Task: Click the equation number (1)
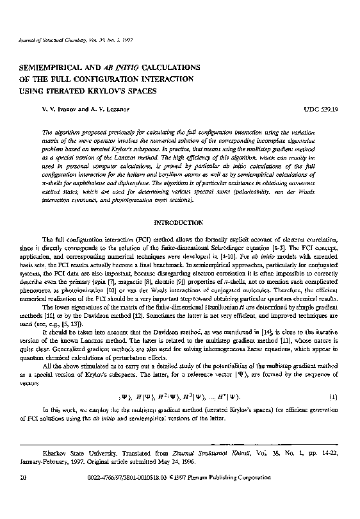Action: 333,397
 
